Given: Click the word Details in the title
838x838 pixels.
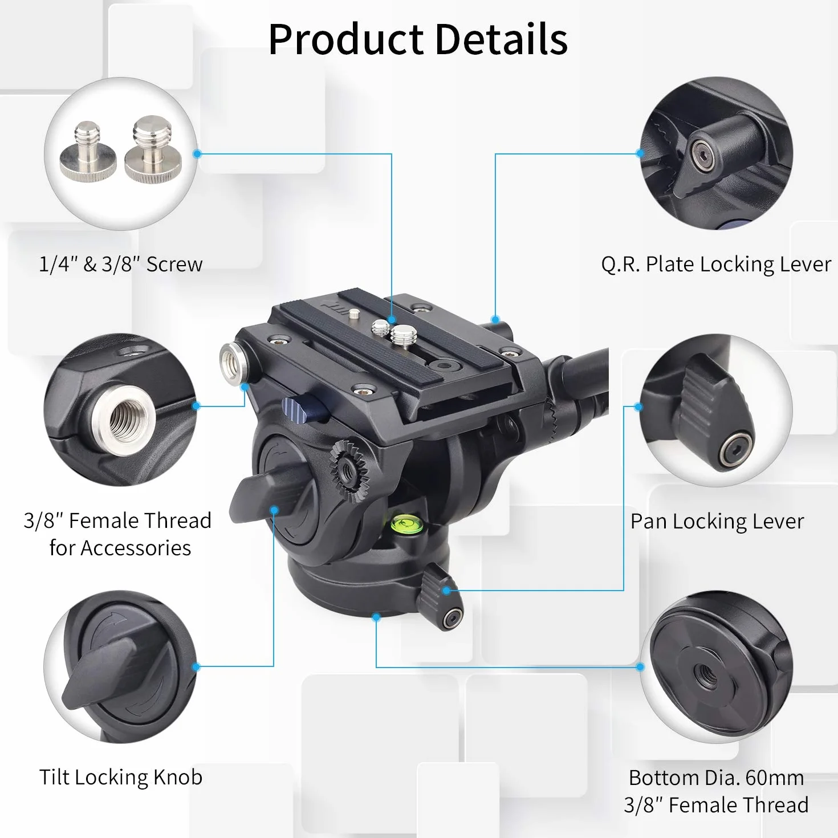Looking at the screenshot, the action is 501,39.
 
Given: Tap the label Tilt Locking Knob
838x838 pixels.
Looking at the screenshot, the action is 121,777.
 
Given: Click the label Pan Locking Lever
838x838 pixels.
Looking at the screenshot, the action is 717,521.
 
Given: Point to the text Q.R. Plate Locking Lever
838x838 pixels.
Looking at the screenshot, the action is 716,264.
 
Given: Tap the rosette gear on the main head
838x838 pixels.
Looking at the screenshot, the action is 349,471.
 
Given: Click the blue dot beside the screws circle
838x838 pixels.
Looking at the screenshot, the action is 197,153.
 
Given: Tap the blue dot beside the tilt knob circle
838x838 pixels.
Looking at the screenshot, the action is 196,666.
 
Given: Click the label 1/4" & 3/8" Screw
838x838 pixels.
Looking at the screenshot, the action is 121,264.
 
